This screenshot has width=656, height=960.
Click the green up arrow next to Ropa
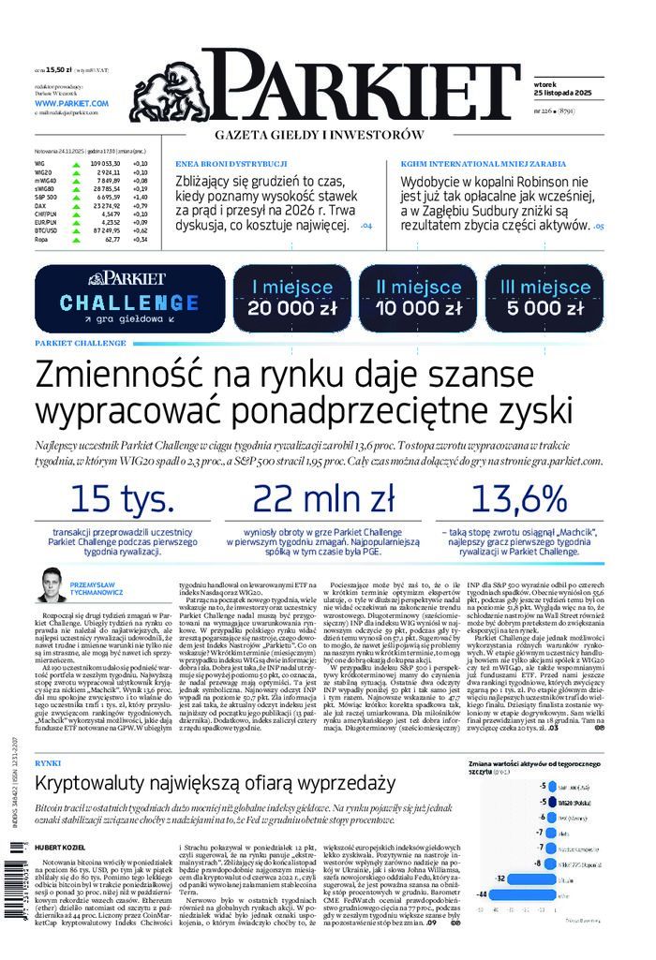[74, 239]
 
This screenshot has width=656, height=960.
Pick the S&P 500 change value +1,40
[141, 198]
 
